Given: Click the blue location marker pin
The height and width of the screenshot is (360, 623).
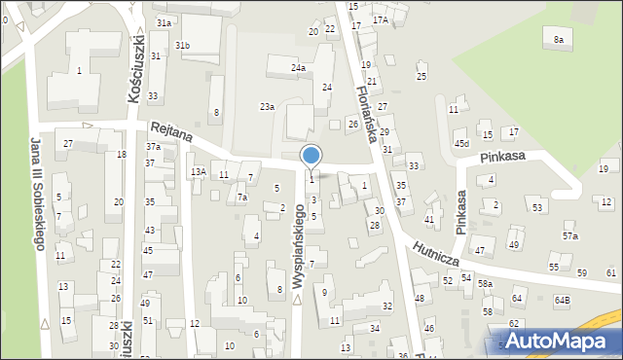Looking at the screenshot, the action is pyautogui.click(x=311, y=157).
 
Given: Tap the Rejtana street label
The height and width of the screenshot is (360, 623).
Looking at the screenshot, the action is pyautogui.click(x=170, y=132).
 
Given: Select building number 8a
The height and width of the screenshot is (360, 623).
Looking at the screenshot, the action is pyautogui.click(x=558, y=39).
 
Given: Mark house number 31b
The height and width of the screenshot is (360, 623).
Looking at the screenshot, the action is pyautogui.click(x=182, y=46).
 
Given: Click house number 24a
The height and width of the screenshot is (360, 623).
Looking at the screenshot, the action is pyautogui.click(x=299, y=68).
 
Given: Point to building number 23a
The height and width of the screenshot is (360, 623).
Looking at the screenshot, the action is pyautogui.click(x=266, y=106).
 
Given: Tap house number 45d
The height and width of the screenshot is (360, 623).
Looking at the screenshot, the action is pyautogui.click(x=461, y=144).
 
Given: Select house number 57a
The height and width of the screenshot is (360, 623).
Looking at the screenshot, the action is pyautogui.click(x=569, y=236).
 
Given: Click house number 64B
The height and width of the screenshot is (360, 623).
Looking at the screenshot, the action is pyautogui.click(x=563, y=301).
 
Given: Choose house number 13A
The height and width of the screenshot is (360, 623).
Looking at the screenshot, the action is pyautogui.click(x=199, y=172).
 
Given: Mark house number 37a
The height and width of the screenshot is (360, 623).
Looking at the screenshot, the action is pyautogui.click(x=153, y=147).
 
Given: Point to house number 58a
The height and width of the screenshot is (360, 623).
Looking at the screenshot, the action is pyautogui.click(x=484, y=283).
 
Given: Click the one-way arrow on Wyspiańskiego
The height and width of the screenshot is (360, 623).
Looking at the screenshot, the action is pyautogui.click(x=297, y=298).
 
